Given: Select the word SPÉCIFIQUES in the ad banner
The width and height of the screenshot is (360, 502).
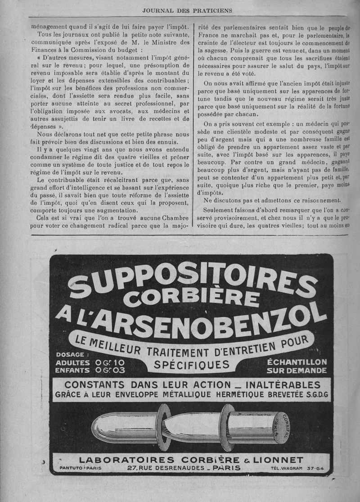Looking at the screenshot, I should point(192,364).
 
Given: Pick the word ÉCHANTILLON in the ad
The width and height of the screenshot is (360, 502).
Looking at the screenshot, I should point(297,362).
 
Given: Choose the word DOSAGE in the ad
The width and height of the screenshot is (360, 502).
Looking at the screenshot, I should point(70,354).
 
